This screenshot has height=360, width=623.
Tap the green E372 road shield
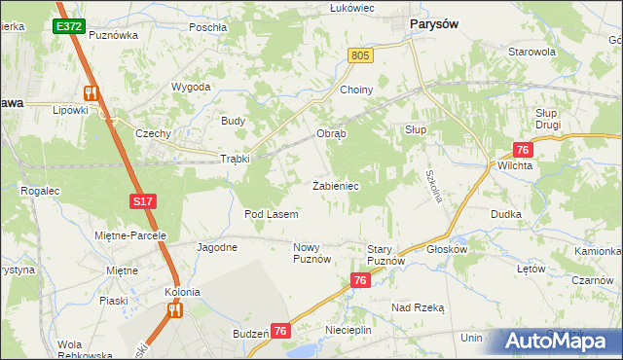point(68,26)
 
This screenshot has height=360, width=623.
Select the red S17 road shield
point(142,201)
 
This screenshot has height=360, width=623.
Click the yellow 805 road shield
point(361,57)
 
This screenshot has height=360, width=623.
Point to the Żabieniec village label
point(337,185)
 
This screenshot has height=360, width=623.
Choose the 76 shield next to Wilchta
point(523,149)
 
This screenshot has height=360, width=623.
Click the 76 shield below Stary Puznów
point(360,280)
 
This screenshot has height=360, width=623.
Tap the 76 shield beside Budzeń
point(281,332)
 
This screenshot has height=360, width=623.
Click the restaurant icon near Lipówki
point(92,92)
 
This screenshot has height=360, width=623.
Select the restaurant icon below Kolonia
point(175,309)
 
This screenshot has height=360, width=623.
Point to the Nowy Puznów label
point(312,254)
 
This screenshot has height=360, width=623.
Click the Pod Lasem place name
point(271,213)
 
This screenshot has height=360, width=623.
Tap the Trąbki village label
point(236,159)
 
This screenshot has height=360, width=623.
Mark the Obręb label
point(331,133)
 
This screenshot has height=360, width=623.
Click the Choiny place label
point(356,90)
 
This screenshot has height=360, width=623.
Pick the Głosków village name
point(448,248)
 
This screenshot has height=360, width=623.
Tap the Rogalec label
point(39,192)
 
